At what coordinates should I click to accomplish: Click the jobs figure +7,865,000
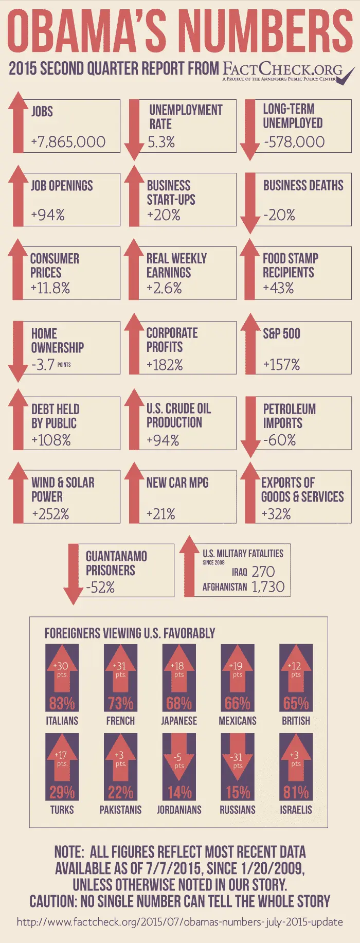68,142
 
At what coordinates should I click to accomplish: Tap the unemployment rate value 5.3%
161,142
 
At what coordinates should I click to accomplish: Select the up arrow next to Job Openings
18,195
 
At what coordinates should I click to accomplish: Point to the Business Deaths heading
303,185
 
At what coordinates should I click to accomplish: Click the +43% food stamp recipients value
278,288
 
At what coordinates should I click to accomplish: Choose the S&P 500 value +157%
281,365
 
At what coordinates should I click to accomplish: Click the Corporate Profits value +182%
165,365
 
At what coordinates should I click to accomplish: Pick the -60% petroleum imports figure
279,440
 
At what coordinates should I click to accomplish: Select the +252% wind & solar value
50,514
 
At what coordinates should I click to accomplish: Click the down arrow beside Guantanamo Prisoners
73,574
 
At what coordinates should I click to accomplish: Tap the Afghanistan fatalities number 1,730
268,587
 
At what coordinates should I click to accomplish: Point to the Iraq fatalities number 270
263,572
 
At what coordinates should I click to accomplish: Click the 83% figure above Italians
62,703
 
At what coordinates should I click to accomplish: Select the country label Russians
238,810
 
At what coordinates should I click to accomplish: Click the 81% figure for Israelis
296,792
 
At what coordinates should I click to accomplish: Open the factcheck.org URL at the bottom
180,921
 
